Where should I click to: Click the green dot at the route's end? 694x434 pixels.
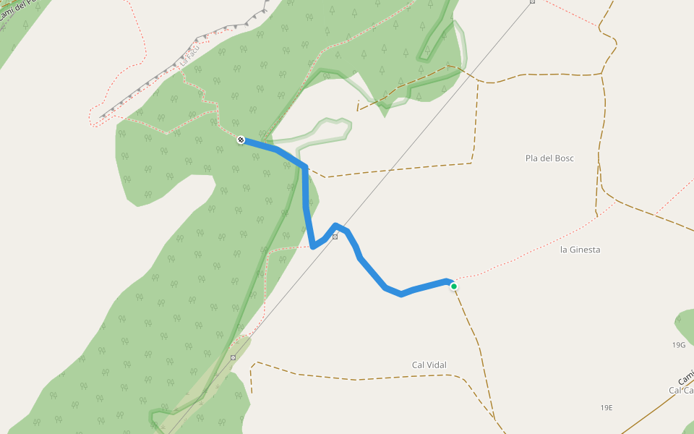point(454,286)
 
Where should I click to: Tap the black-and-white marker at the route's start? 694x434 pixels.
point(241,140)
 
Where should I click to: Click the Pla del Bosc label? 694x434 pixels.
point(549,158)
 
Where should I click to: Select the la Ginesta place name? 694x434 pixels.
point(580,250)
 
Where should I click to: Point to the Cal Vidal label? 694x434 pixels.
point(429,365)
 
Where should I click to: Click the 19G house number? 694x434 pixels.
point(678,345)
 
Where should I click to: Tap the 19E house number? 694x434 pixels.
point(606,408)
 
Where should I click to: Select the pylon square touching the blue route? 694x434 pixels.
point(335,237)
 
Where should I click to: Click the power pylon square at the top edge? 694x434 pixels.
point(532,1)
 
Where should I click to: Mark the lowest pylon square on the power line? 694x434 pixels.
point(233,357)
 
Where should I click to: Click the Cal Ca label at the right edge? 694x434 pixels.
point(681,391)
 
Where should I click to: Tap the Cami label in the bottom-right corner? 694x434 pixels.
point(685,377)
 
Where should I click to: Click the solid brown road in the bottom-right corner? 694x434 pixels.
point(651,413)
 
